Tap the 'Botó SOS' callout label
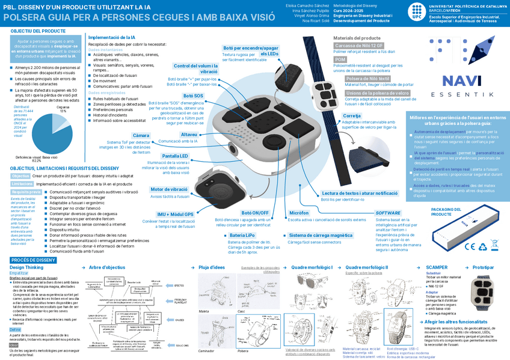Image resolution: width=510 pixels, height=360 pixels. coord(193,96)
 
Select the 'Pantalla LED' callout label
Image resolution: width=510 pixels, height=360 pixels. coord(175,156)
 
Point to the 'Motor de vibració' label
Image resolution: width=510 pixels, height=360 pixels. coord(169,189)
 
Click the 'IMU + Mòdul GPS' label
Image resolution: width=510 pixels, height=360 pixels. coord(175,214)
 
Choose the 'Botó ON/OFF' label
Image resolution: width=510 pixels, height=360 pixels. coord(254,213)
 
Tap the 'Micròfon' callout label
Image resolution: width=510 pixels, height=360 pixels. coord(298,213)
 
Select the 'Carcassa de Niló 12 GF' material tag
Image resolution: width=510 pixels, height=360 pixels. coord(359,46)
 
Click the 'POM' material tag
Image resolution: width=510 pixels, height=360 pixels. coord(340,59)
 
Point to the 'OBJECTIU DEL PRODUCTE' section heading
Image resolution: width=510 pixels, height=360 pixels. coord(38,30)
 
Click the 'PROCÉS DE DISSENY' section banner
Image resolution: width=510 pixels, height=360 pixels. coord(34,260)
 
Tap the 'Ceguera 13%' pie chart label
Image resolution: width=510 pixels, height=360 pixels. coord(62,109)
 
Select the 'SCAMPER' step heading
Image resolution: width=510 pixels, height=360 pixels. coord(436,267)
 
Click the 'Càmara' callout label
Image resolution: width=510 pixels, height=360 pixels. coord(141,135)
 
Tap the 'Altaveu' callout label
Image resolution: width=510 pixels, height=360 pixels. coord(188,134)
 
